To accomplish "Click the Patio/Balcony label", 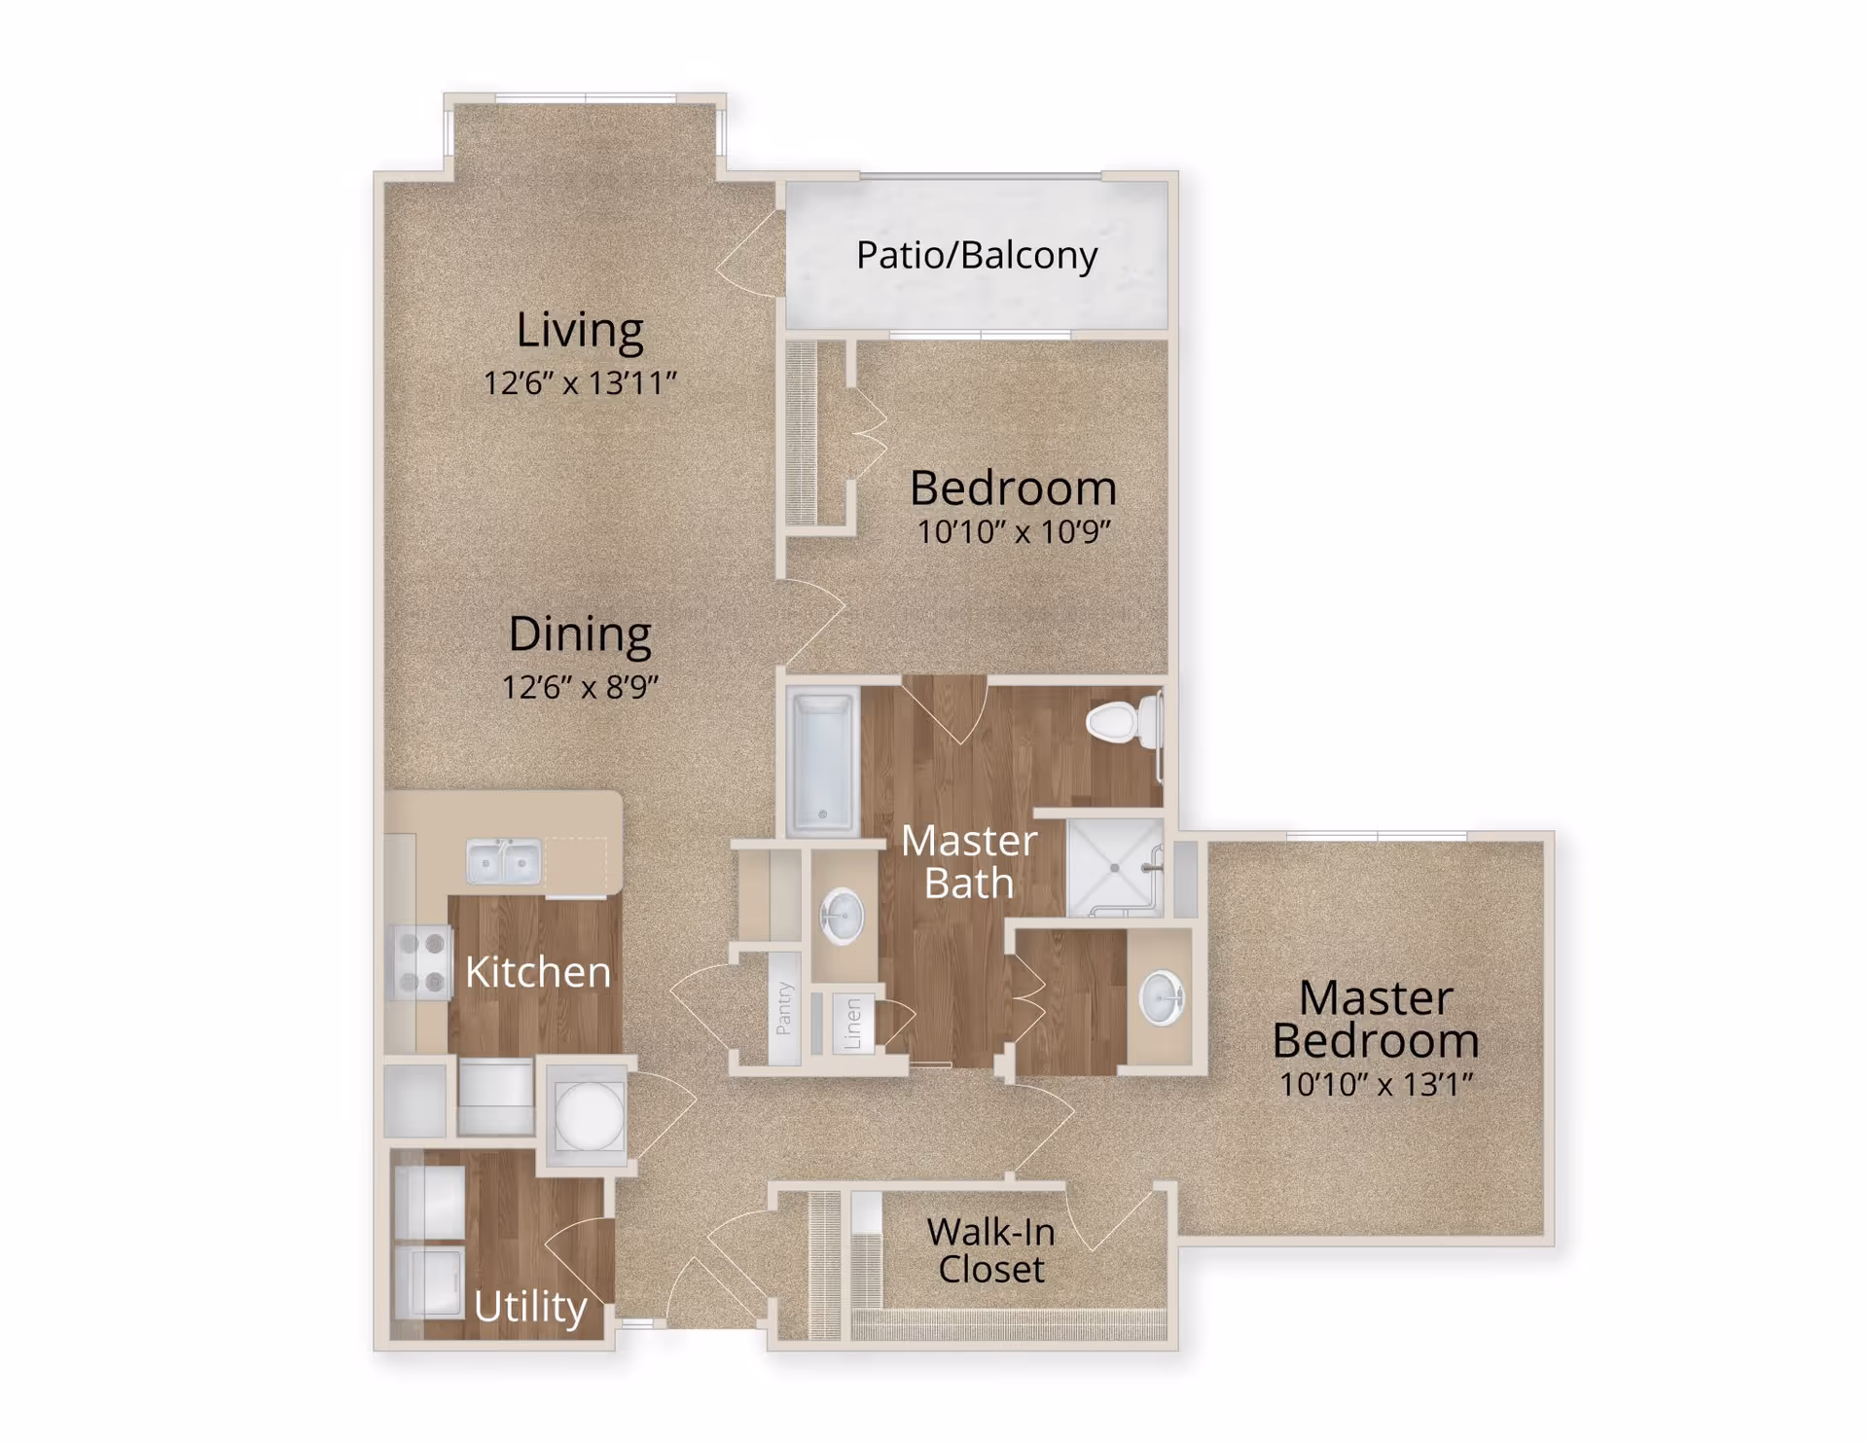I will coord(977,255).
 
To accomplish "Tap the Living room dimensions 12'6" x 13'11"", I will coord(580,382).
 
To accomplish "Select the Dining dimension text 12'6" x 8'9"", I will coord(580,687).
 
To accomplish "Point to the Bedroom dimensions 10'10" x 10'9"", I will coord(1014,531).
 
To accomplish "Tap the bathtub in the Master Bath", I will coord(823,761).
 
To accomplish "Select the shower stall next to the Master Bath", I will coord(1115,867).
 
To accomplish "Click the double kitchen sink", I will coord(504,861).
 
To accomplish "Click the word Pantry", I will coord(784,1007).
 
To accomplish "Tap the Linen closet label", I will coord(853,1023).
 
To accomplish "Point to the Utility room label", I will coord(530,1307).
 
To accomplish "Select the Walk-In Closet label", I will coord(990,1250).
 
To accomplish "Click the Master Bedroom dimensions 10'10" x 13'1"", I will coord(1376,1084).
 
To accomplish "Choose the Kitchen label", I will coord(538,972).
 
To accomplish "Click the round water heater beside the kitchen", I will coord(589,1115).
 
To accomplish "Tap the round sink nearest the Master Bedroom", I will coord(1162,998).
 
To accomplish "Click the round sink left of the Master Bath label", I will coord(842,916).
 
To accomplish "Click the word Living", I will coord(580,330).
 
